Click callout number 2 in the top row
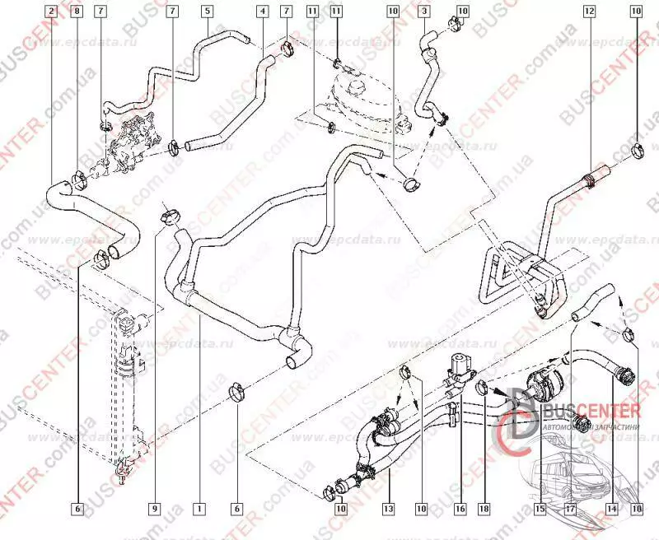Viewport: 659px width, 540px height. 52,12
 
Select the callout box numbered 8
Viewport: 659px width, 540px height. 77,12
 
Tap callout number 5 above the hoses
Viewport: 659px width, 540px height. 206,12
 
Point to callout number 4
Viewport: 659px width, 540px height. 261,12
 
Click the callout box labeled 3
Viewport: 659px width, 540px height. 423,12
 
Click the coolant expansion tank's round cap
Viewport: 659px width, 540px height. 356,85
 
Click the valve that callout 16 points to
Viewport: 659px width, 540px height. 456,367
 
